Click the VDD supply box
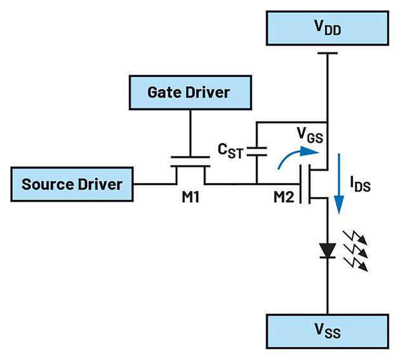pos(326,27)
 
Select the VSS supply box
pos(326,331)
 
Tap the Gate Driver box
pos(189,93)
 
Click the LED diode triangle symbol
pos(326,249)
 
